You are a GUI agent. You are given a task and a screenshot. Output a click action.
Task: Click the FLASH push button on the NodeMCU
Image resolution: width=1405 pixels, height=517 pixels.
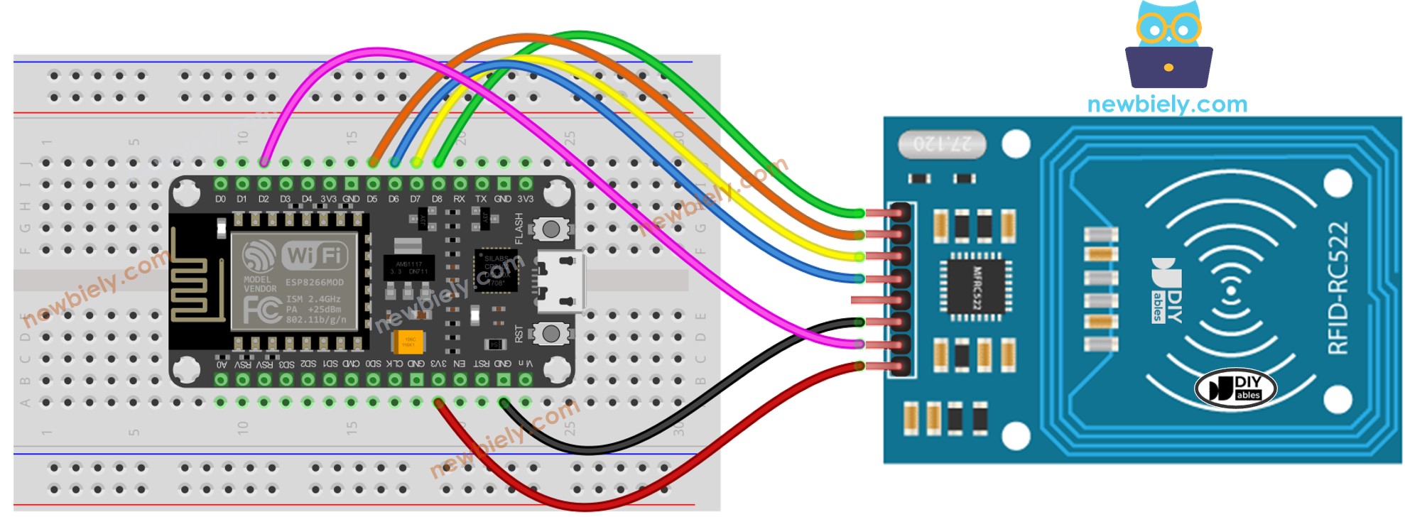[550, 229]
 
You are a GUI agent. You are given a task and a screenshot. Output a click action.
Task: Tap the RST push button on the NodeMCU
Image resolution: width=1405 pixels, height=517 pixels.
[550, 332]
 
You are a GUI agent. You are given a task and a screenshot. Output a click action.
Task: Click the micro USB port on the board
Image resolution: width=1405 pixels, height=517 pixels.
[561, 282]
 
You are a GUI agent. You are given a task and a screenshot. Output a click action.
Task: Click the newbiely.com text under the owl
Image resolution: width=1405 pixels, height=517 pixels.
[1167, 104]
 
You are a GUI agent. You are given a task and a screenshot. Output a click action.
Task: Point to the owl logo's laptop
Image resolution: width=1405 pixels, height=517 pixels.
[1168, 67]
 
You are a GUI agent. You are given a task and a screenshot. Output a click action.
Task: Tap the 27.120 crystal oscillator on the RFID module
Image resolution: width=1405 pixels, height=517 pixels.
[942, 144]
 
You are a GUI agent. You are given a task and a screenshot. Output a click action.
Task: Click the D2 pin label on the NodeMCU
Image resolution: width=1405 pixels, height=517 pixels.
[264, 200]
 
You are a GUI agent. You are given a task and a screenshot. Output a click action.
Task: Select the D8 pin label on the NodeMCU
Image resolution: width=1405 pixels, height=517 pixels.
[437, 200]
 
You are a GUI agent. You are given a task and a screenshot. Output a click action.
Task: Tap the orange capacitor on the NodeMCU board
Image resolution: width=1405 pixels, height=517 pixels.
[408, 342]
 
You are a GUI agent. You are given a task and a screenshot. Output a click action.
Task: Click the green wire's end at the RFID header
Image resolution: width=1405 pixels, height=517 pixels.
[859, 213]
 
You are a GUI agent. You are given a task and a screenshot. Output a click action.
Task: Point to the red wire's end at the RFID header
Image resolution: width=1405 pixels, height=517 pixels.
[859, 366]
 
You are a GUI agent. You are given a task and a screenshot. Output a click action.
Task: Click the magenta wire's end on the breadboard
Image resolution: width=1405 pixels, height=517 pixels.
[264, 163]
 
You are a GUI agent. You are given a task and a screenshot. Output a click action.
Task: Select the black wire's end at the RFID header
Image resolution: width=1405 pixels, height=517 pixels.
[859, 322]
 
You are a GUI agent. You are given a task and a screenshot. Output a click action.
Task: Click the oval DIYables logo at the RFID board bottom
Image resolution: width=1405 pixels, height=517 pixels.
[1235, 388]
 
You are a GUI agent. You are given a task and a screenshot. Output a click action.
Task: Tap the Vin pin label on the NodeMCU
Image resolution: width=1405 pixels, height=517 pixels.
[524, 364]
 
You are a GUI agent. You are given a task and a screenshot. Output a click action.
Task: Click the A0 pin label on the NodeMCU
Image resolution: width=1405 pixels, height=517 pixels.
[222, 364]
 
